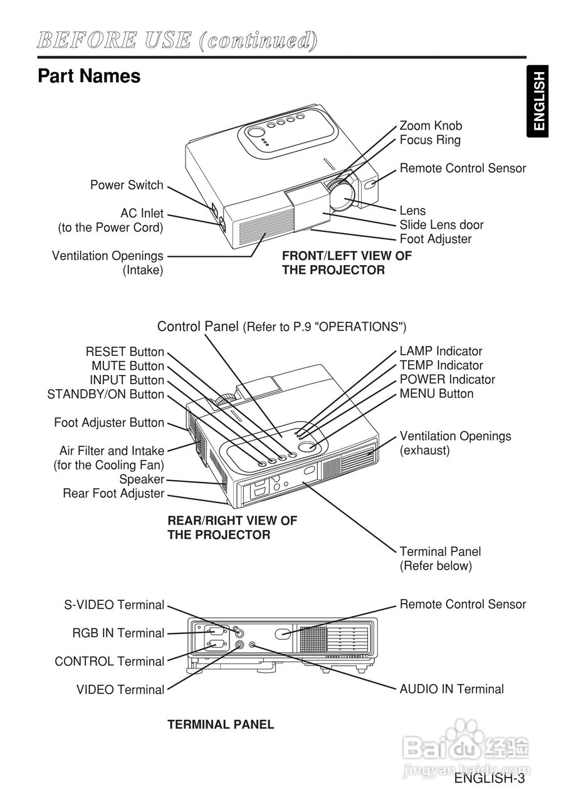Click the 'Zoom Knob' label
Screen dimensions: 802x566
coord(431,126)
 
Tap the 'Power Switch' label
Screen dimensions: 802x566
coord(127,185)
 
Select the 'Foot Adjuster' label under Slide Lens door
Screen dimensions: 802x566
coord(435,239)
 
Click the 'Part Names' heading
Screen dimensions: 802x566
coord(89,76)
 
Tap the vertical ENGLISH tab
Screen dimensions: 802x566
coord(539,101)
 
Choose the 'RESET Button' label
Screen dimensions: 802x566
coord(125,352)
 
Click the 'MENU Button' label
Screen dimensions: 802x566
coord(436,394)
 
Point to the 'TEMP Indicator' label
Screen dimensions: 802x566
coord(441,365)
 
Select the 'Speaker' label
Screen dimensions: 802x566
coord(142,479)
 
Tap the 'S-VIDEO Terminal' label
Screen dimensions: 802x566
coord(114,605)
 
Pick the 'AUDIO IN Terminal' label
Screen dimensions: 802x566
coord(451,689)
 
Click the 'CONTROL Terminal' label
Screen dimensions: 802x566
coord(109,662)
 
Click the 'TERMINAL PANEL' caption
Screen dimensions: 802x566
coord(221,725)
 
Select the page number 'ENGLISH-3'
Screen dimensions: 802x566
coord(490,779)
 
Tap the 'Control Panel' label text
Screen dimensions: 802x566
coord(197,326)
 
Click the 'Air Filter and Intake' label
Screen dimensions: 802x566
coord(112,451)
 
